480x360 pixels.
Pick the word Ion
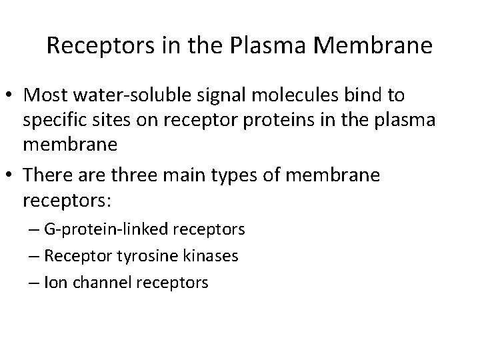53,283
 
